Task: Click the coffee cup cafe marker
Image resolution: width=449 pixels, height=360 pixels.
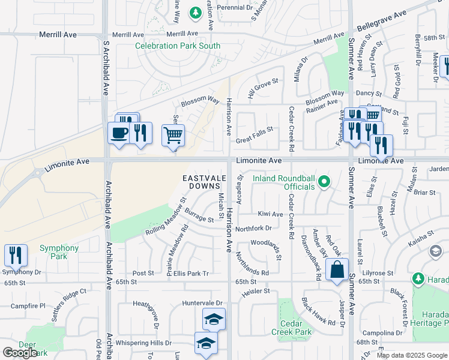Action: point(119,133)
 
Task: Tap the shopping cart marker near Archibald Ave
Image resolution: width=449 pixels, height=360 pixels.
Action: point(173,136)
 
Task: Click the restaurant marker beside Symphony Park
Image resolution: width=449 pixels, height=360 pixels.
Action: point(16,255)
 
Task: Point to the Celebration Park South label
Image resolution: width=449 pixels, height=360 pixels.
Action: point(178,46)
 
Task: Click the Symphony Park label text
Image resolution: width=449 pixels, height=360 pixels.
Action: point(59,252)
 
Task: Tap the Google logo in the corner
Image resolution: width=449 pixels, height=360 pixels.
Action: point(20,353)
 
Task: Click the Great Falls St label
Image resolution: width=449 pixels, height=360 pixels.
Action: point(254,129)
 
